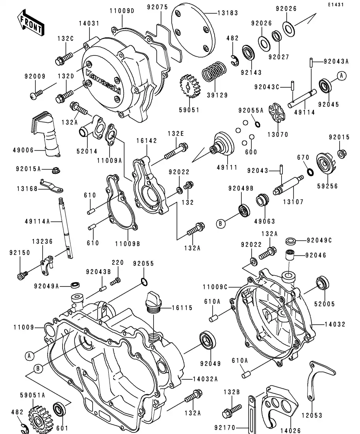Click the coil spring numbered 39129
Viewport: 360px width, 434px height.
[213, 74]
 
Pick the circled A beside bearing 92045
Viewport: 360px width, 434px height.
[341, 76]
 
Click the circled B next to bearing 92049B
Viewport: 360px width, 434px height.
[221, 224]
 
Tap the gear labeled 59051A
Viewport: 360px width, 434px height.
[39, 416]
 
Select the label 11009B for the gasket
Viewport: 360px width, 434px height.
[127, 243]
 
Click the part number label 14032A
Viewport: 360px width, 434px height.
[207, 379]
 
